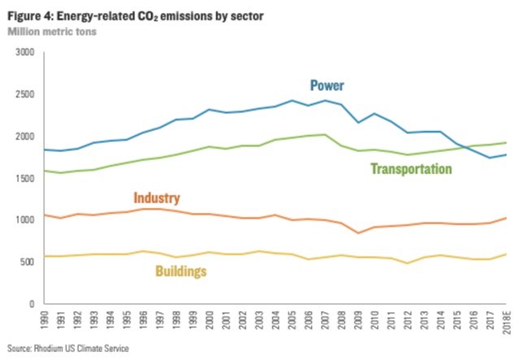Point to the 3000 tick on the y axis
tap(25, 52)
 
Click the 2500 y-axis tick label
tap(25, 94)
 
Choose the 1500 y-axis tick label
tap(25, 178)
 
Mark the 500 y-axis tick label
tap(28, 262)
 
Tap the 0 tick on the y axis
tap(32, 304)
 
